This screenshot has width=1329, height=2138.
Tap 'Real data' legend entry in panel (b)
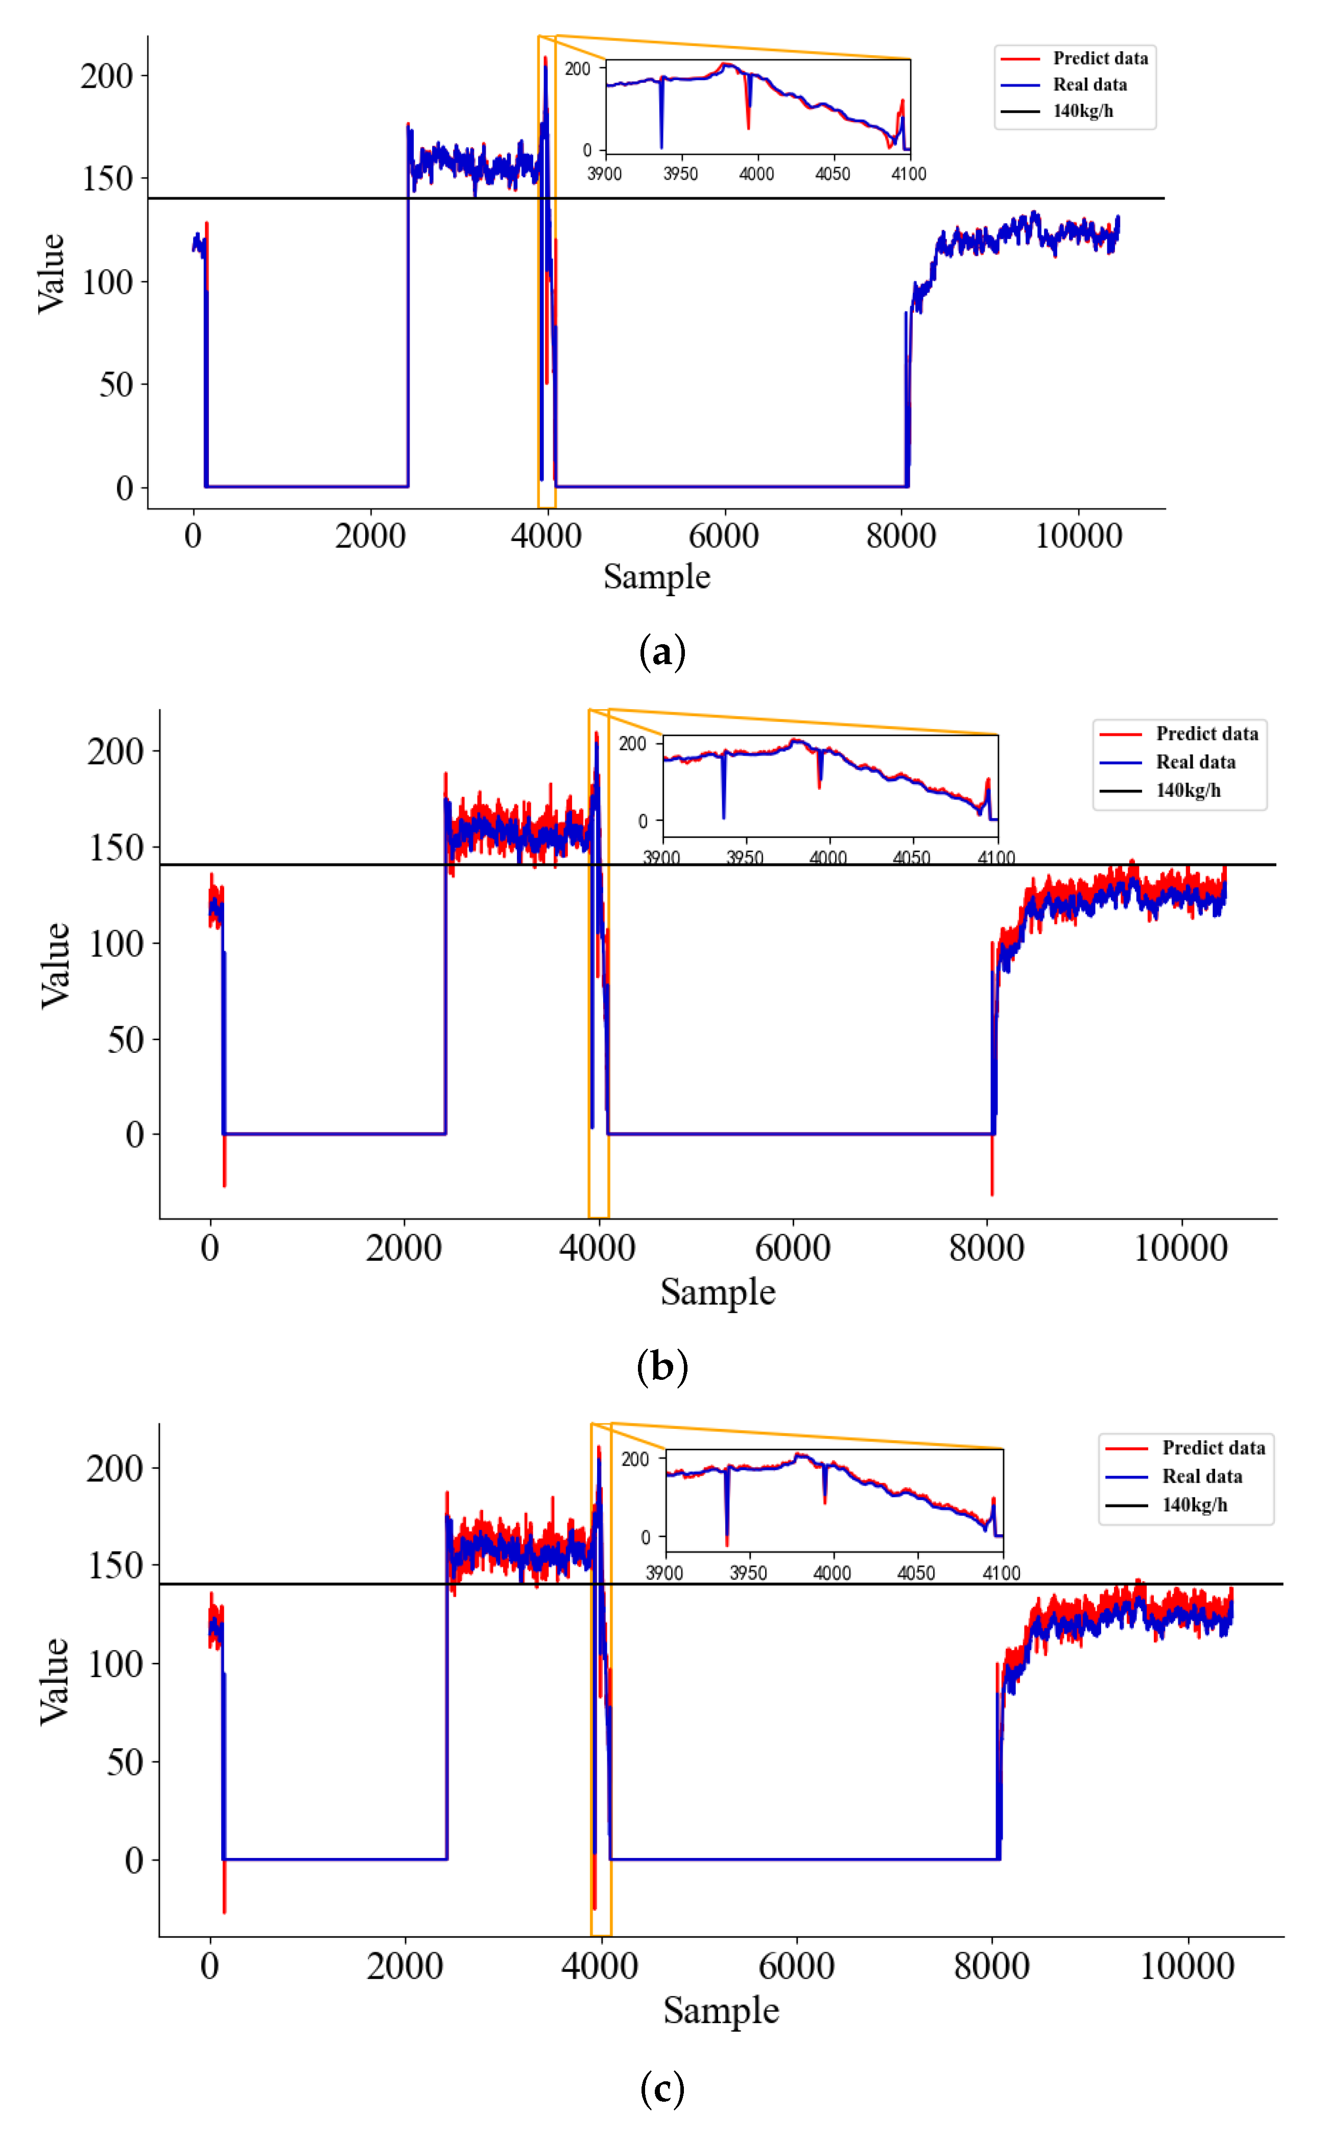coord(1195,762)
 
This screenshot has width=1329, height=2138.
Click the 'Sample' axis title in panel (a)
coord(657,577)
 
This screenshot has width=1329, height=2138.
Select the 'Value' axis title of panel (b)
coord(55,965)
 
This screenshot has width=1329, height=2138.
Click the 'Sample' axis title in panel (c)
coord(721,2010)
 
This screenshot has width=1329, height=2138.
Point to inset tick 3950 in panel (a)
coord(680,173)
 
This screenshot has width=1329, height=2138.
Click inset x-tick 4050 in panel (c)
coord(915,1573)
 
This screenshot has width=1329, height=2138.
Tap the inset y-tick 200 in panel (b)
coord(632,744)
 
